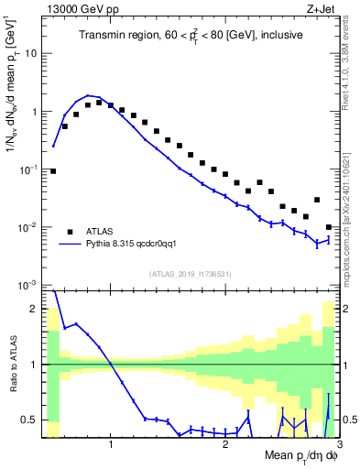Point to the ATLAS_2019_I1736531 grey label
click(191, 274)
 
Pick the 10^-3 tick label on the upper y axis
click(31, 285)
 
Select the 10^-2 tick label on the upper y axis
click(31, 227)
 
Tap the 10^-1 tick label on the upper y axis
click(31, 169)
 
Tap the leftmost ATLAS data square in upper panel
click(53, 170)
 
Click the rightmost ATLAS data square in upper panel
click(329, 227)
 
